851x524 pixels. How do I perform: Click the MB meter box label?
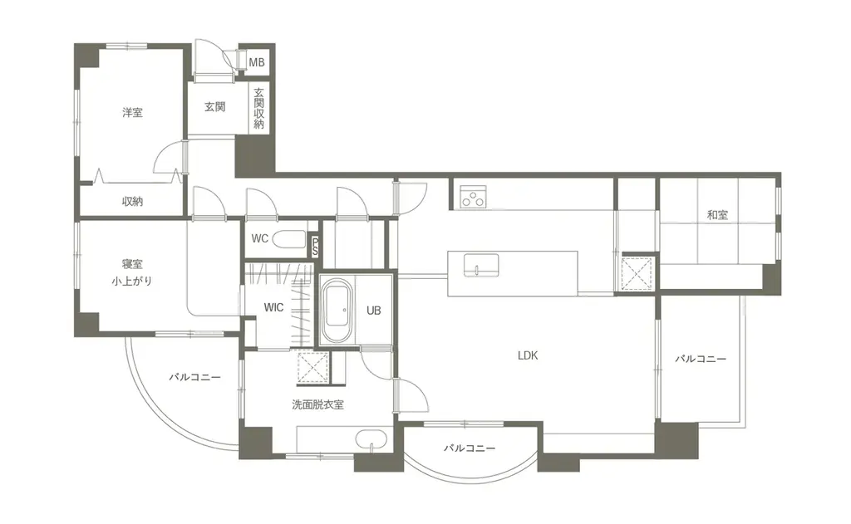[257, 62]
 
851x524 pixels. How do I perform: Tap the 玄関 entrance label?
[215, 107]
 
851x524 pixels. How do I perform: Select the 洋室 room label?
[132, 113]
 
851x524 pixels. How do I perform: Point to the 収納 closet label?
[132, 201]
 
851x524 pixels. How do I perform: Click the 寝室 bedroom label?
[132, 264]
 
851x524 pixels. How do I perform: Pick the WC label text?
[260, 238]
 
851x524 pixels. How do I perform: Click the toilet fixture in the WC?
[288, 238]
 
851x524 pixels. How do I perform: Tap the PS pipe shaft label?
[315, 247]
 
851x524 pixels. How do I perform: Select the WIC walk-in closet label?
[273, 307]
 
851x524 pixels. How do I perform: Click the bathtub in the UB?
[337, 310]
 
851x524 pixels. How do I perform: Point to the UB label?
[373, 311]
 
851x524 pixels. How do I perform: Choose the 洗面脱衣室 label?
[318, 404]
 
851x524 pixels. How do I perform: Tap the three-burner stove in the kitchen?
[473, 197]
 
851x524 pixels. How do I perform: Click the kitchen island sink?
[481, 266]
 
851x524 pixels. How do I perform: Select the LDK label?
[528, 356]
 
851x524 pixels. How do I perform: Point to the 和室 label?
[717, 215]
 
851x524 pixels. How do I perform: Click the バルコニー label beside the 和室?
[701, 359]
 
